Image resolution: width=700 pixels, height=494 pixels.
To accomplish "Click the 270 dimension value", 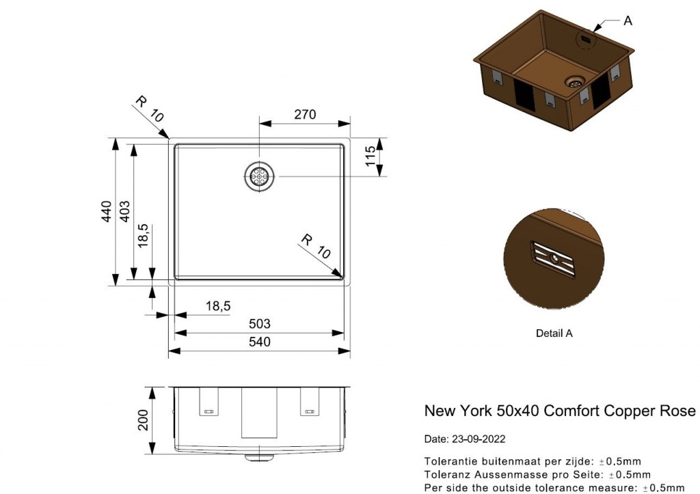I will (x=305, y=115).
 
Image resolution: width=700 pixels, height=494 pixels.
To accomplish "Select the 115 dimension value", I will (x=370, y=157).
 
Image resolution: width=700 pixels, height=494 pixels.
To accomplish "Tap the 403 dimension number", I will (x=125, y=212).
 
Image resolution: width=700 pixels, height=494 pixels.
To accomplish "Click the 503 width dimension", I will (x=260, y=324).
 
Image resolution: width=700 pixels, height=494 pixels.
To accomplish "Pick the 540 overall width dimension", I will (x=260, y=342).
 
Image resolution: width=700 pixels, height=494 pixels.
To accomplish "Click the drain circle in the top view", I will (x=260, y=176).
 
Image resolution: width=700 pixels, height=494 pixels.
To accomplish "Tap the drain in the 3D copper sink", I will (x=576, y=82).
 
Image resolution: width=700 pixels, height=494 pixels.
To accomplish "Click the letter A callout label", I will (x=628, y=21).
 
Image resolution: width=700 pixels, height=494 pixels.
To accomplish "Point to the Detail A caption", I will (x=554, y=333).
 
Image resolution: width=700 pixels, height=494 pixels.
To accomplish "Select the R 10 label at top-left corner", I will (x=149, y=109).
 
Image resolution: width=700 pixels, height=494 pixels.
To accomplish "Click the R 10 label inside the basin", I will (x=316, y=247).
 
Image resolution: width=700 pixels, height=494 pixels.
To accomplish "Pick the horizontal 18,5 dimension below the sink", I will (x=217, y=306).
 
